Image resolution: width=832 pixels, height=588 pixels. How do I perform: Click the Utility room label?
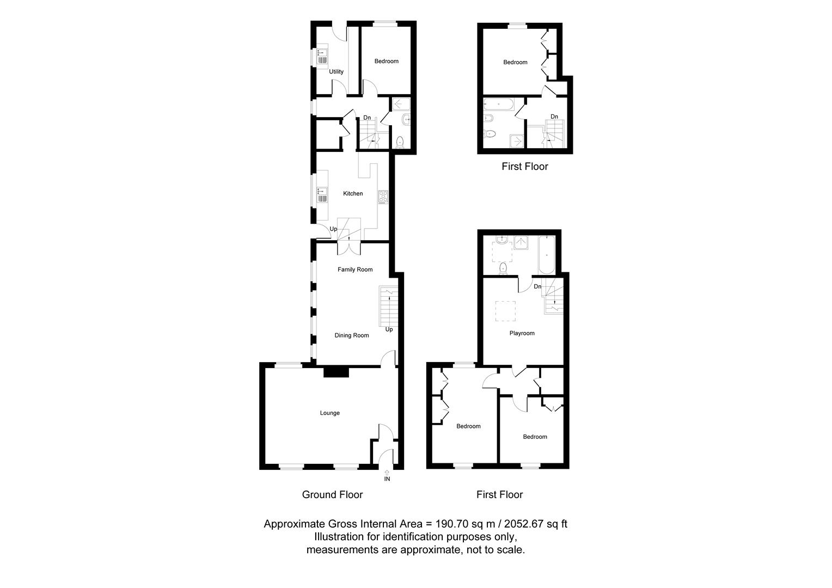tap(336, 72)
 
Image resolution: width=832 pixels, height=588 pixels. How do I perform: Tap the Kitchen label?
tap(353, 194)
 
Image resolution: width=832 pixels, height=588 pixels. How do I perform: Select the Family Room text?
tap(355, 269)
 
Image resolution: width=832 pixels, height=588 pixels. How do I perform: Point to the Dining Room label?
tap(352, 335)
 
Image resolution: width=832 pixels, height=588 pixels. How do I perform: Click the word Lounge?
tap(329, 413)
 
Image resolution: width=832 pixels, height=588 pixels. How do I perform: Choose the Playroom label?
tap(522, 333)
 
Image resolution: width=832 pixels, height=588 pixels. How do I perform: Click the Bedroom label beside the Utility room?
tap(386, 62)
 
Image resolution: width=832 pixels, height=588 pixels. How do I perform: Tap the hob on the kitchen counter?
tap(383, 197)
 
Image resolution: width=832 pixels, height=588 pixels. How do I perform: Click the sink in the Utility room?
tap(321, 57)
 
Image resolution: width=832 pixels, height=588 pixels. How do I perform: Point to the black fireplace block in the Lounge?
tap(336, 372)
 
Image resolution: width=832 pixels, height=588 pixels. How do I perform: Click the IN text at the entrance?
tap(387, 480)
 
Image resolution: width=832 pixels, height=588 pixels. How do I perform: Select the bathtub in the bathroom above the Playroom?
tap(546, 255)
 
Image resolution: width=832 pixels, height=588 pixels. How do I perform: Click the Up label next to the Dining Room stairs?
tap(389, 329)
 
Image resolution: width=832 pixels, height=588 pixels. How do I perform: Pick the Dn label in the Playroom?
tap(537, 286)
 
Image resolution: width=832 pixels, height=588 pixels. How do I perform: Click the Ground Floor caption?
tap(332, 495)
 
